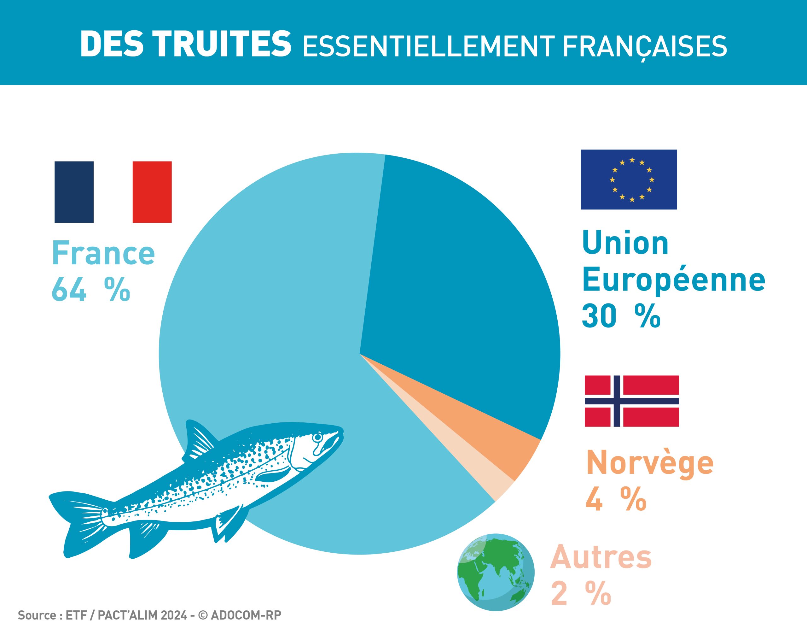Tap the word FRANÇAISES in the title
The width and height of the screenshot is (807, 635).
click(645, 46)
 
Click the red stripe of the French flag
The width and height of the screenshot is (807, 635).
click(152, 192)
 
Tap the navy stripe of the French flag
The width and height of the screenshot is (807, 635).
click(74, 192)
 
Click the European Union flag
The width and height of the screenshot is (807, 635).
click(629, 179)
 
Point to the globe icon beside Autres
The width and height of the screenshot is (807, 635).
click(496, 573)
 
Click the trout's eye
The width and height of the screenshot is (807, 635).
click(318, 437)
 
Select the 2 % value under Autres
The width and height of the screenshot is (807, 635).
click(580, 594)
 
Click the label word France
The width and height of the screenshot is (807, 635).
click(103, 253)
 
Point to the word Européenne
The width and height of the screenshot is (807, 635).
click(674, 281)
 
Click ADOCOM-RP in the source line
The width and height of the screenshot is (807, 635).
click(246, 615)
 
